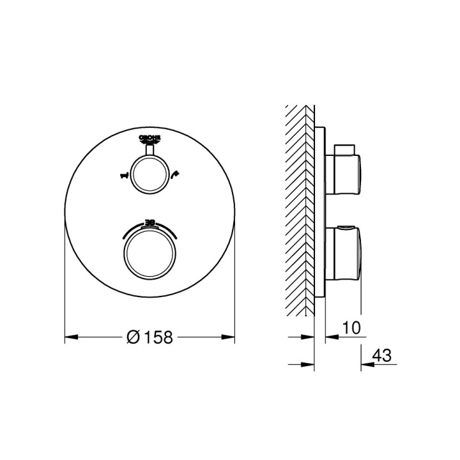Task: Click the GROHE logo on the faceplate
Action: [149, 140]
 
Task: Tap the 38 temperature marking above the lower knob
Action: [149, 222]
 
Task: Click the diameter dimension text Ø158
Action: [150, 338]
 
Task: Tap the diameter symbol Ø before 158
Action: [134, 338]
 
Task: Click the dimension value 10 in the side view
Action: [351, 328]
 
